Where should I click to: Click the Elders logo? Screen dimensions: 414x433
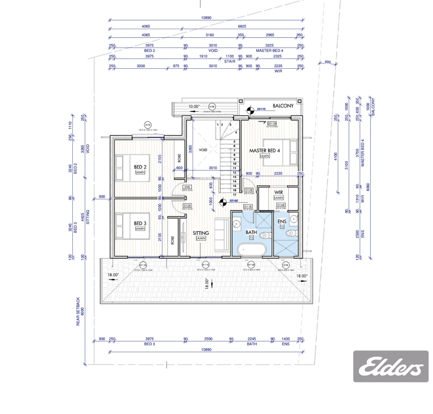pos(390,366)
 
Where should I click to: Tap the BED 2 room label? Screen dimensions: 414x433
pos(140,167)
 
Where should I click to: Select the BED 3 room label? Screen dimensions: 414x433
pos(140,223)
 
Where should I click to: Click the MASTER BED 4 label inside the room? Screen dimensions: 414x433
pos(264,151)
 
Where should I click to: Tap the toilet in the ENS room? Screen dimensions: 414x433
pos(291,233)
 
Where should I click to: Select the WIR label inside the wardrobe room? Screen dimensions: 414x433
pos(279,192)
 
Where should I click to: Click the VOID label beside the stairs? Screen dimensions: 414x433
pos(203,150)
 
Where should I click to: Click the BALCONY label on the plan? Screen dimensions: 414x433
pos(283,106)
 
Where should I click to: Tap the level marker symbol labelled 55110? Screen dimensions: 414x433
pos(250,110)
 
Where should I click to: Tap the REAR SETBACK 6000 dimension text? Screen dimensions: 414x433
pos(79,311)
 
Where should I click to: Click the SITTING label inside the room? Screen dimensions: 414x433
pos(201,233)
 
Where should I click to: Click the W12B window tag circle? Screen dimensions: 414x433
pos(143,265)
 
